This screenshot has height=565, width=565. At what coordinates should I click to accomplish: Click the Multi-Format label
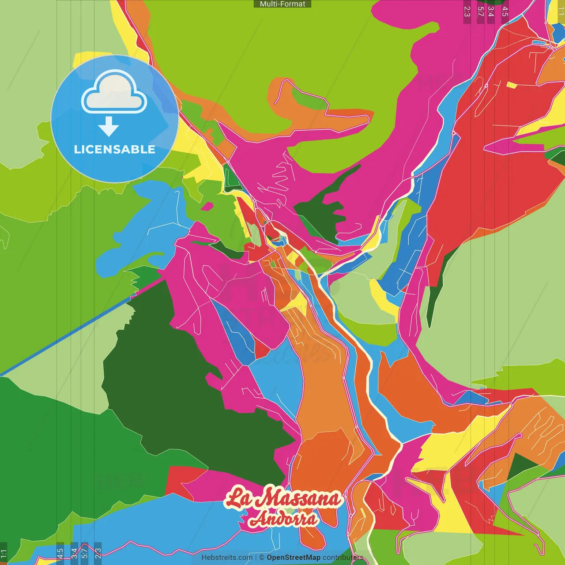coord(282,4)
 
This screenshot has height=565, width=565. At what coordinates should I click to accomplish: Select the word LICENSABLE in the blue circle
coord(114,149)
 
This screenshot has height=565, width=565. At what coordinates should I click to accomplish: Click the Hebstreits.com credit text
coord(227,557)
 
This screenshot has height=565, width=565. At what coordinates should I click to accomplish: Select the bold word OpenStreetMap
coord(293,557)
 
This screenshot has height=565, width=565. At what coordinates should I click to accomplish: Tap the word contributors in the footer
coord(343,557)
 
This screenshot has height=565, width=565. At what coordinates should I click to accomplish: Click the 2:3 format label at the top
coord(467,11)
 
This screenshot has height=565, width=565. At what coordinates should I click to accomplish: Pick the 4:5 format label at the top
coord(505,11)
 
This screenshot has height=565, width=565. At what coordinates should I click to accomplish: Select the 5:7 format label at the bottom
coord(84,553)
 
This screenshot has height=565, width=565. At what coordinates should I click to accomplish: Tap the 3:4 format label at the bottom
coord(74,553)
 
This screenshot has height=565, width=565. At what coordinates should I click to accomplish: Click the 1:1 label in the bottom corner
coord(4,553)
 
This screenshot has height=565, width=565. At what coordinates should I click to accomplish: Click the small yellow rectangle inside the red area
coord(512,85)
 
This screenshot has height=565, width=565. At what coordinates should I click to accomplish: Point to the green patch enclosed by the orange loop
coord(309,102)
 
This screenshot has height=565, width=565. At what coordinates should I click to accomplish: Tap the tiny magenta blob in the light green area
coord(207,206)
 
